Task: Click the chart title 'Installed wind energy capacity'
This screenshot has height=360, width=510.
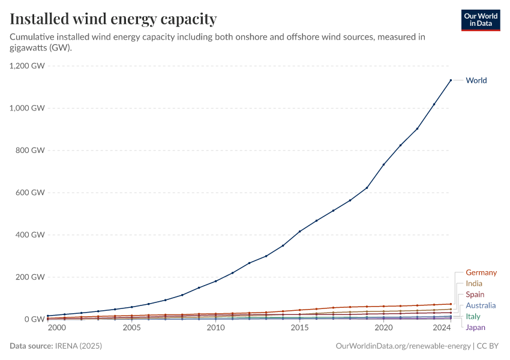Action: click(113, 19)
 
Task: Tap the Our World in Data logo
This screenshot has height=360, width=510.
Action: click(480, 20)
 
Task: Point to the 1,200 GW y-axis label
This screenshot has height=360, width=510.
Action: click(28, 66)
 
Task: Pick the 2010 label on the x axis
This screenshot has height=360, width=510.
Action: click(215, 328)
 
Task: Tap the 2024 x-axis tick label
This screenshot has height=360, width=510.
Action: click(442, 328)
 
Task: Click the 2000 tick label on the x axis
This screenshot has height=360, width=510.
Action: click(56, 328)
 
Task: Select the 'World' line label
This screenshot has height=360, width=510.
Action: click(476, 80)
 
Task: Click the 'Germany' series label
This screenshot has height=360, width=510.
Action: click(481, 272)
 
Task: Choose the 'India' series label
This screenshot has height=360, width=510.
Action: click(474, 283)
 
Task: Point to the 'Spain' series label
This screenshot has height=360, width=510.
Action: click(475, 295)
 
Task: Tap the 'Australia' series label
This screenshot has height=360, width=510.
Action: click(481, 305)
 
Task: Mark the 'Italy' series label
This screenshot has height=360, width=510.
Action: click(473, 316)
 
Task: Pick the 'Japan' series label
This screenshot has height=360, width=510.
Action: click(475, 327)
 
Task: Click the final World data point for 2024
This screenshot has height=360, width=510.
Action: click(451, 80)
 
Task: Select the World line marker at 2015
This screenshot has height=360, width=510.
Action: click(299, 232)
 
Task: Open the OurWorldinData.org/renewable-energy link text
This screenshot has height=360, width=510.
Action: click(403, 346)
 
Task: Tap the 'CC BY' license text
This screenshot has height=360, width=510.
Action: click(490, 346)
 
